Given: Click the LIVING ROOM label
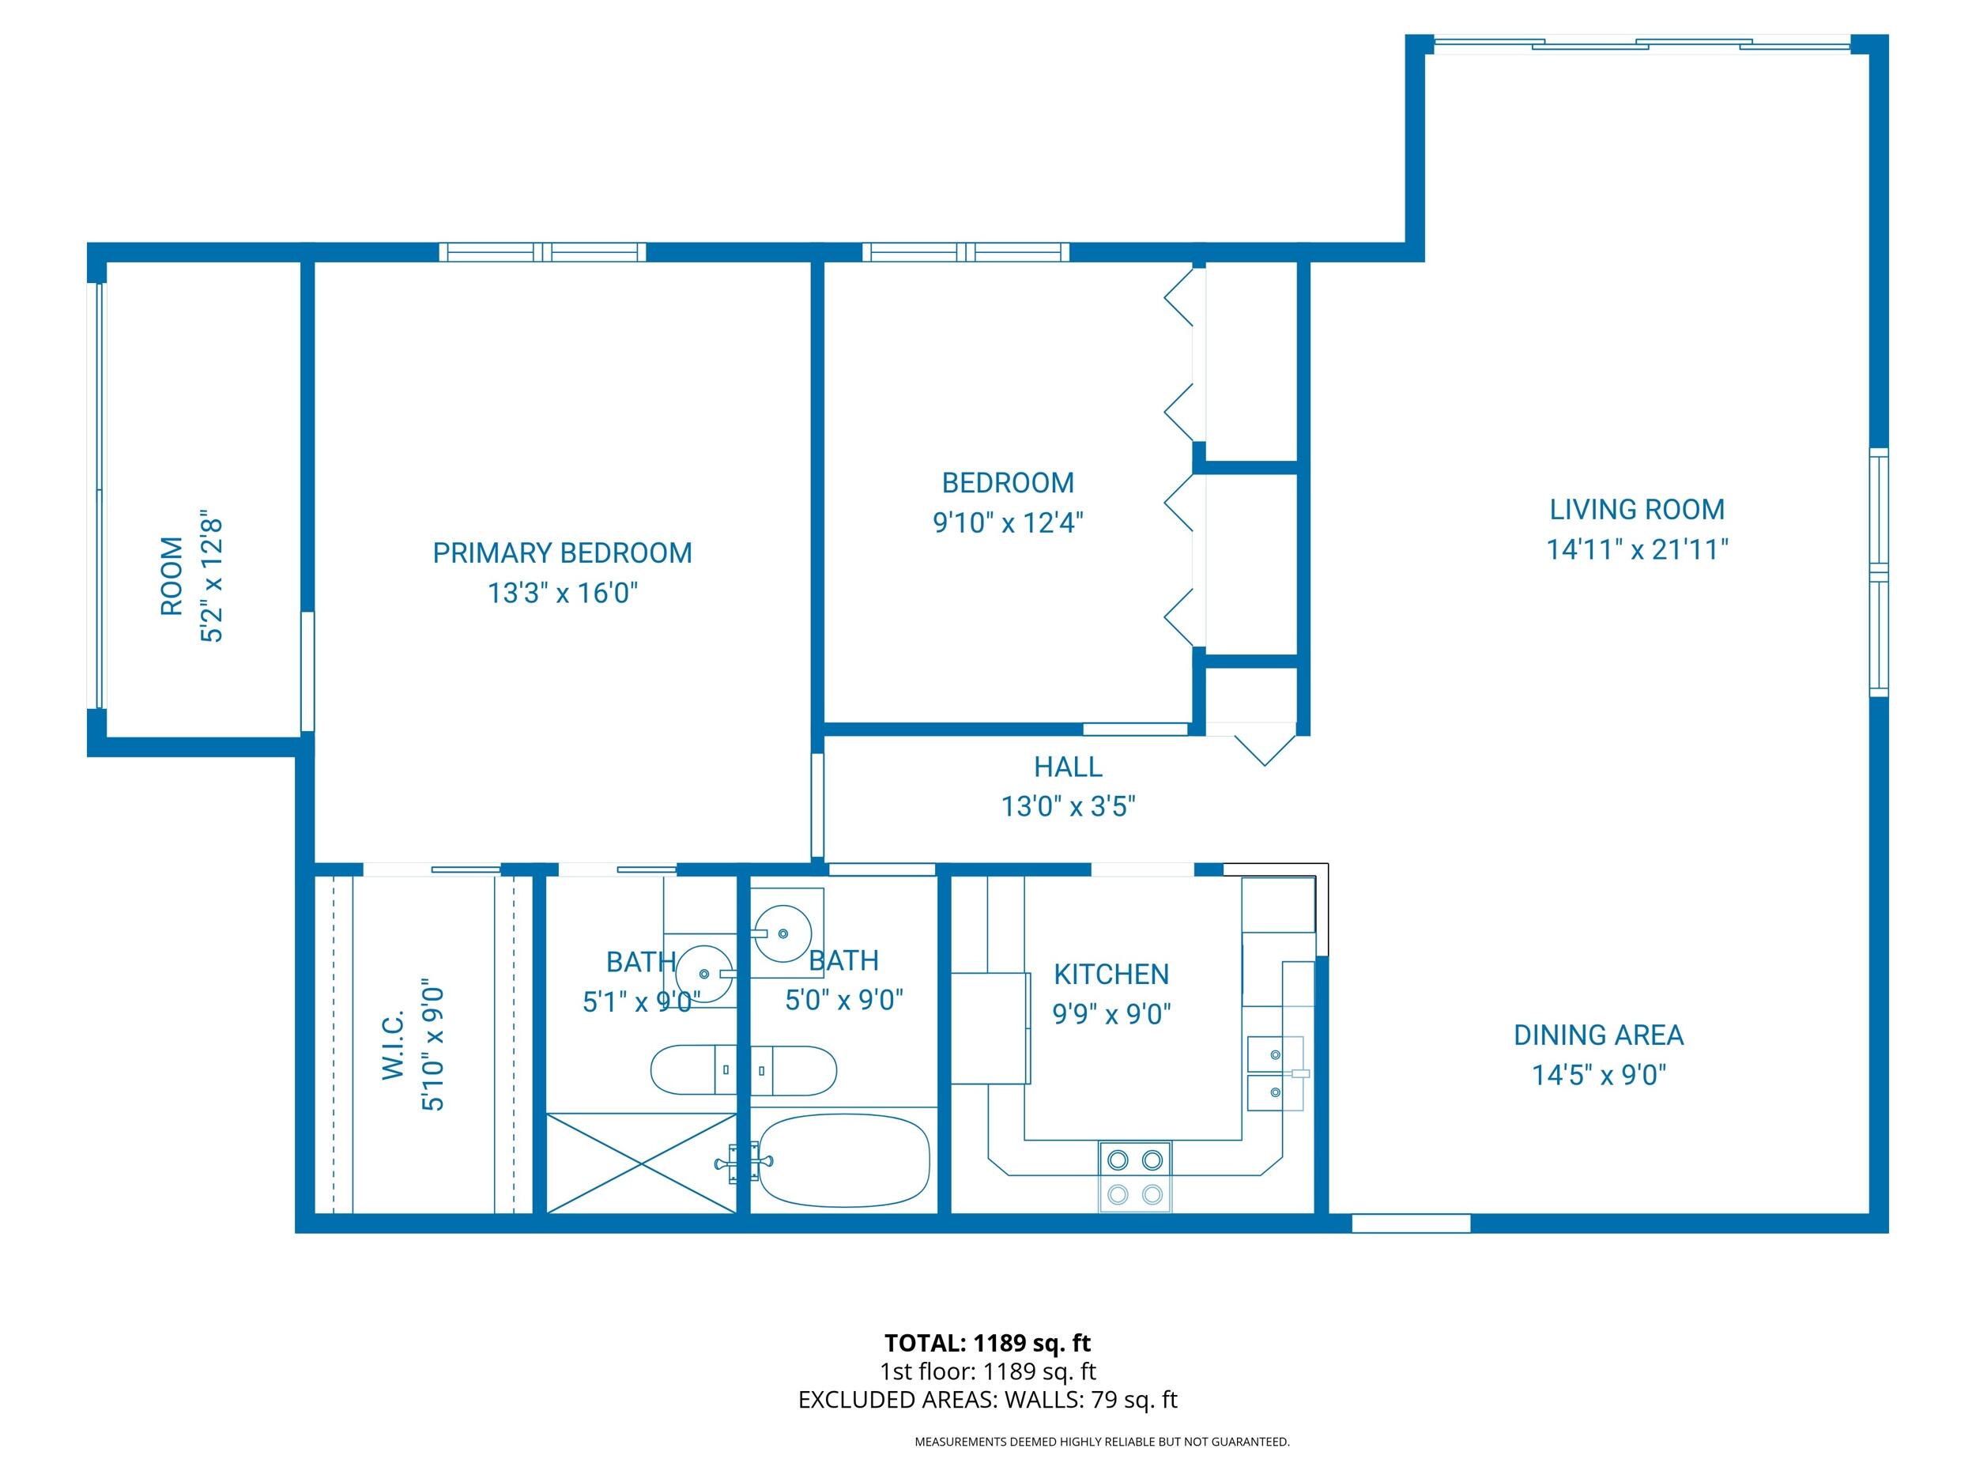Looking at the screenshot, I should [1637, 509].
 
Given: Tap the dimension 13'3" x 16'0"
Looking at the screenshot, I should [562, 592].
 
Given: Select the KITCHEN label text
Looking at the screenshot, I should [1111, 974].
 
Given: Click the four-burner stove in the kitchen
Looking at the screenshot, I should [1134, 1176].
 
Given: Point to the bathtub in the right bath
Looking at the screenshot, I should [844, 1160].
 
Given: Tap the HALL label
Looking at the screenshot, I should [1068, 767].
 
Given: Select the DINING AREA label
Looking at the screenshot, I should [1598, 1035].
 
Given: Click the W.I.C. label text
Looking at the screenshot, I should [394, 1044].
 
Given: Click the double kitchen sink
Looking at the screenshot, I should [1275, 1073].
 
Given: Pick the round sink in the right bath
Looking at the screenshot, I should [783, 933].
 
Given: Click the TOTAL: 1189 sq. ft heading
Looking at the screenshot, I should [987, 1343].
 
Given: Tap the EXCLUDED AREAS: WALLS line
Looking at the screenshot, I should [987, 1400].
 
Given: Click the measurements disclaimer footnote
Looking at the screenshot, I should [1102, 1442].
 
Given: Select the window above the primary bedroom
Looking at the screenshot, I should [542, 252].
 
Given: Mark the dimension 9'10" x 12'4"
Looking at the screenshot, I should [1008, 522].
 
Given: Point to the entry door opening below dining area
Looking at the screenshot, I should [1411, 1223].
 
